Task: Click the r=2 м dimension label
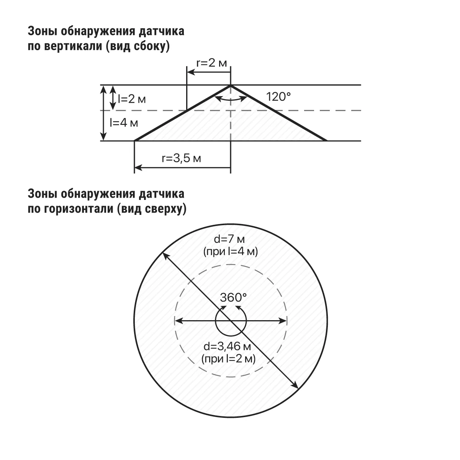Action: pos(211,63)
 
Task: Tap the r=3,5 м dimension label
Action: pos(182,158)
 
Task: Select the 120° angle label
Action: pos(278,97)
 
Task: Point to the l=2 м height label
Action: pos(132,99)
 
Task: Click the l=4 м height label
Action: pos(124,123)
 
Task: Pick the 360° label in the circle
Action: pos(233,298)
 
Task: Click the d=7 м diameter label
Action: pos(229,239)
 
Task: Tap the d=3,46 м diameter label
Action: pos(227,346)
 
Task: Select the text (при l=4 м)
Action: pos(231,252)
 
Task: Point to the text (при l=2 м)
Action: pos(228,359)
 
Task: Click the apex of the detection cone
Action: pos(231,85)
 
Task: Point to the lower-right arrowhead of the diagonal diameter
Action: pos(296,386)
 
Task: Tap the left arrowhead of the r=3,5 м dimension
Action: pos(138,168)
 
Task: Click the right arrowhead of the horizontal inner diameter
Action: pos(283,321)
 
